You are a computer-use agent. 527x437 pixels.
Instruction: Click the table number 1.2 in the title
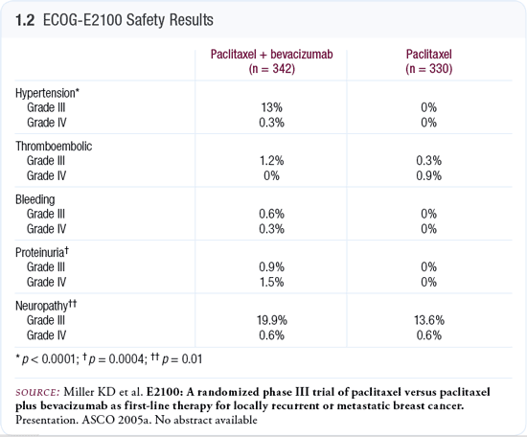[25, 20]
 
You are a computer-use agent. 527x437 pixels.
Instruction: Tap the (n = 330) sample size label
[429, 69]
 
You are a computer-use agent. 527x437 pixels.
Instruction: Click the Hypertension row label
[47, 93]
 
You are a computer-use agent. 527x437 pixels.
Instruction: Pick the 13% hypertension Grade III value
[271, 107]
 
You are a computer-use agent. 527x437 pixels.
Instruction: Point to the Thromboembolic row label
[54, 147]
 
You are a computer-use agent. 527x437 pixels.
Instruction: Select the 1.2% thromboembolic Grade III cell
[271, 161]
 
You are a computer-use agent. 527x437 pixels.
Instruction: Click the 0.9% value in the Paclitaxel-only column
[429, 175]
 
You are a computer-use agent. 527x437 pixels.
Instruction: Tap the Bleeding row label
[34, 199]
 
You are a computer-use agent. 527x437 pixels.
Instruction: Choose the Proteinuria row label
[42, 252]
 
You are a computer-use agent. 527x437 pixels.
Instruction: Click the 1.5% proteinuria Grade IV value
[271, 282]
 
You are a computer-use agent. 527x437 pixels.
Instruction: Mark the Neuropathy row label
[46, 305]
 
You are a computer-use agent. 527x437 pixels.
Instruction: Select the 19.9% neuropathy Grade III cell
[272, 320]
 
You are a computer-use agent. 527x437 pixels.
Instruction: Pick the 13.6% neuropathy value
[429, 320]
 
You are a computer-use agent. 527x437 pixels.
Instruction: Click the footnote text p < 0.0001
[50, 359]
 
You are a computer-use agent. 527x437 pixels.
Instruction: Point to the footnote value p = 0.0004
[118, 359]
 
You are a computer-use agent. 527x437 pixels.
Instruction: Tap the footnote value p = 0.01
[182, 359]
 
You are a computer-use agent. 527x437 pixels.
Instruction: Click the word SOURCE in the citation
[37, 392]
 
